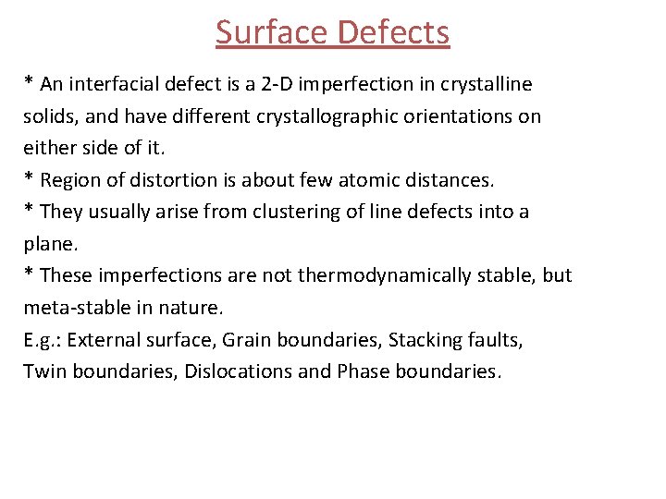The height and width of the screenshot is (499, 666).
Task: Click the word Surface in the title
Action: pos(272,32)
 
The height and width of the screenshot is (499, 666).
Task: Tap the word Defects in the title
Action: pos(393,32)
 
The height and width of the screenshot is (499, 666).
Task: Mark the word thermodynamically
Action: pos(380,275)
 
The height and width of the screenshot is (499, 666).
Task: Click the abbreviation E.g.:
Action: pos(42,340)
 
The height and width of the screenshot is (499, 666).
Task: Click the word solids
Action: pos(48,116)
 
